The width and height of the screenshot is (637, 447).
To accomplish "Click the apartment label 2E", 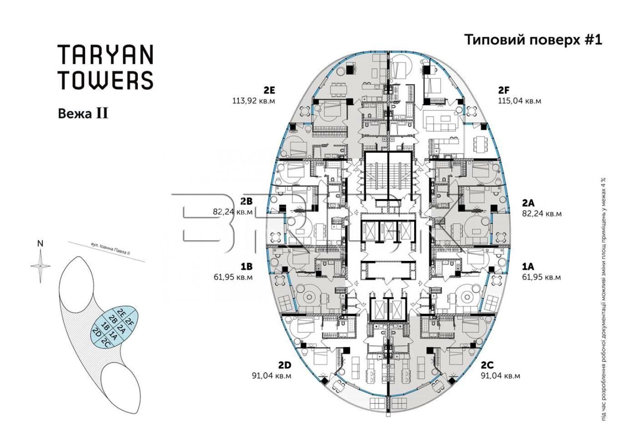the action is tap(269, 91).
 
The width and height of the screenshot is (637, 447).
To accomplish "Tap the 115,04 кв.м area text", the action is tap(519, 101).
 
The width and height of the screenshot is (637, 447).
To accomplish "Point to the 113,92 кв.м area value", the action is tap(254, 101).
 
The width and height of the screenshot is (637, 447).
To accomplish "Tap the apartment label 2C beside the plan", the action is tap(487, 365).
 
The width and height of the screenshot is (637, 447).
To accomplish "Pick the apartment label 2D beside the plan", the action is tap(285, 365).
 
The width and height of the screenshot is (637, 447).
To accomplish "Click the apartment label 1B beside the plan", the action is tap(247, 267).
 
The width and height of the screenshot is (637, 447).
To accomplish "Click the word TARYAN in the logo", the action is tap(106, 54).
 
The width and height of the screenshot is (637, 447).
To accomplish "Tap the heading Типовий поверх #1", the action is tap(533, 40).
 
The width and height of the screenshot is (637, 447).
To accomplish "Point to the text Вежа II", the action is tap(83, 114).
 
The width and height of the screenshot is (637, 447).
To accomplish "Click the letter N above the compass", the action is tap(40, 244).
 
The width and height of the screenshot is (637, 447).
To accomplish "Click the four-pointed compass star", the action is tap(40, 266).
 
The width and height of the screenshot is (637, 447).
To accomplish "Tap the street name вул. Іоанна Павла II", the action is tap(110, 249).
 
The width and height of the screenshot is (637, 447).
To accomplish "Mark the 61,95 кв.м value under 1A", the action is tap(541, 277).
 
